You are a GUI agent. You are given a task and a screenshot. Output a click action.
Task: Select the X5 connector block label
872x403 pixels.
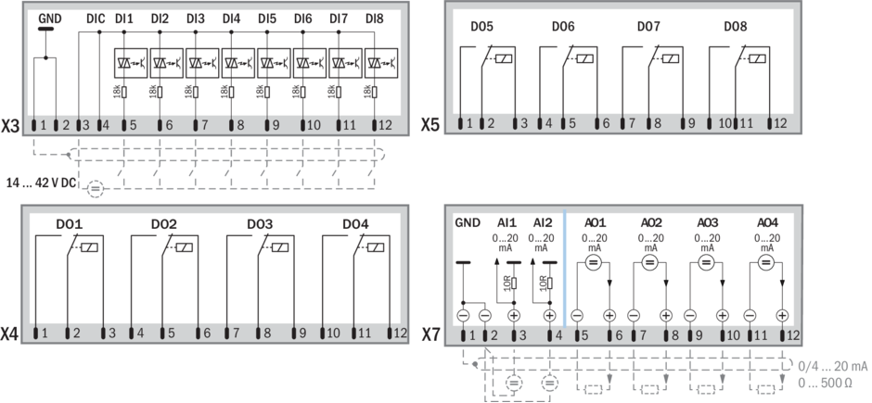click(x=430, y=124)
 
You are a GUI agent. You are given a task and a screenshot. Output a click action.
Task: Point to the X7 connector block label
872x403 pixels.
click(x=430, y=332)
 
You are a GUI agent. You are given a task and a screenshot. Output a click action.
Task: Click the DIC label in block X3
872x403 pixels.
click(x=96, y=19)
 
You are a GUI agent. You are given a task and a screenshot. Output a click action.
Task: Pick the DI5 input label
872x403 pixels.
click(x=267, y=19)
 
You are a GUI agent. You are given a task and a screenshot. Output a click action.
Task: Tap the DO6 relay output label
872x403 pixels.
click(x=563, y=26)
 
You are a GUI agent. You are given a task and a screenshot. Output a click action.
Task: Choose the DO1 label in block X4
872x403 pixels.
click(x=70, y=224)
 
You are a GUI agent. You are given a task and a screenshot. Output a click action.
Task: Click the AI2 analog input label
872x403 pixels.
click(x=542, y=223)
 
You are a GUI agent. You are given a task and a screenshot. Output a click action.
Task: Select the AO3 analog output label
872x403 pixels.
click(x=707, y=223)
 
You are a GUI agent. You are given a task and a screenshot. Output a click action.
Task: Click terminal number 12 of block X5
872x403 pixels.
click(x=780, y=124)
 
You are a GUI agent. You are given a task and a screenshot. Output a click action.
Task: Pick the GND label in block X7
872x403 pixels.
click(x=467, y=223)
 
